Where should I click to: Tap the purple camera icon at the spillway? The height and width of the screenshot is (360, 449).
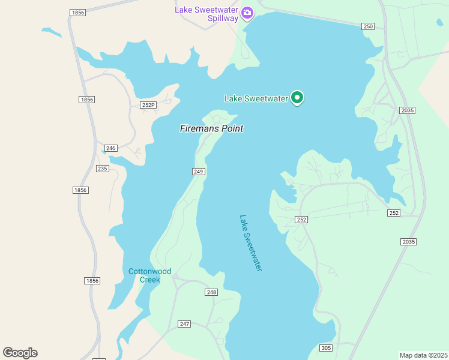click(x=247, y=13)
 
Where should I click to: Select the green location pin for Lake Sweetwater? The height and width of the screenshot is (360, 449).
click(x=297, y=97)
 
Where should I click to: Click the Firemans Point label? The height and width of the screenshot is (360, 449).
click(x=211, y=128)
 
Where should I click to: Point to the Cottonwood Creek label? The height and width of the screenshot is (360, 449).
click(x=149, y=275)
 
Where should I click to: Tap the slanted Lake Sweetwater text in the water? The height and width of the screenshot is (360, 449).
click(x=251, y=243)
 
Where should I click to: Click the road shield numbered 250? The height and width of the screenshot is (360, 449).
click(x=368, y=26)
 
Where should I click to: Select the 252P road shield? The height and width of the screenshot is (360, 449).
click(x=148, y=105)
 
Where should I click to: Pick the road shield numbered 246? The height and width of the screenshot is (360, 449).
click(x=110, y=148)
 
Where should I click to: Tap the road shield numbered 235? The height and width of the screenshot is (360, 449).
click(x=102, y=169)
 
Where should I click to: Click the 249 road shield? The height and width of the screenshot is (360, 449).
click(x=199, y=172)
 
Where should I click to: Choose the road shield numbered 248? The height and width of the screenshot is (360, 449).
click(x=211, y=292)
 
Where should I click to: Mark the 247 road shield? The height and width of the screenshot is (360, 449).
click(x=184, y=324)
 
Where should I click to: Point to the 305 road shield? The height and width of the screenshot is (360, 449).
click(x=326, y=348)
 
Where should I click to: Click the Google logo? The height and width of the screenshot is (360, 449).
click(x=20, y=353)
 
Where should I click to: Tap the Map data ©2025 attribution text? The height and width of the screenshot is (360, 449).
click(x=424, y=355)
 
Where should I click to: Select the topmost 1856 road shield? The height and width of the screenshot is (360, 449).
click(x=77, y=12)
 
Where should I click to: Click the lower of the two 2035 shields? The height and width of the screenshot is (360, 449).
click(x=408, y=241)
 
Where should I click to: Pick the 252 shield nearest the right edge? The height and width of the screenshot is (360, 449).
click(x=394, y=213)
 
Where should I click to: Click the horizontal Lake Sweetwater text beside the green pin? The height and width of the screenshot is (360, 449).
click(x=256, y=98)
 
